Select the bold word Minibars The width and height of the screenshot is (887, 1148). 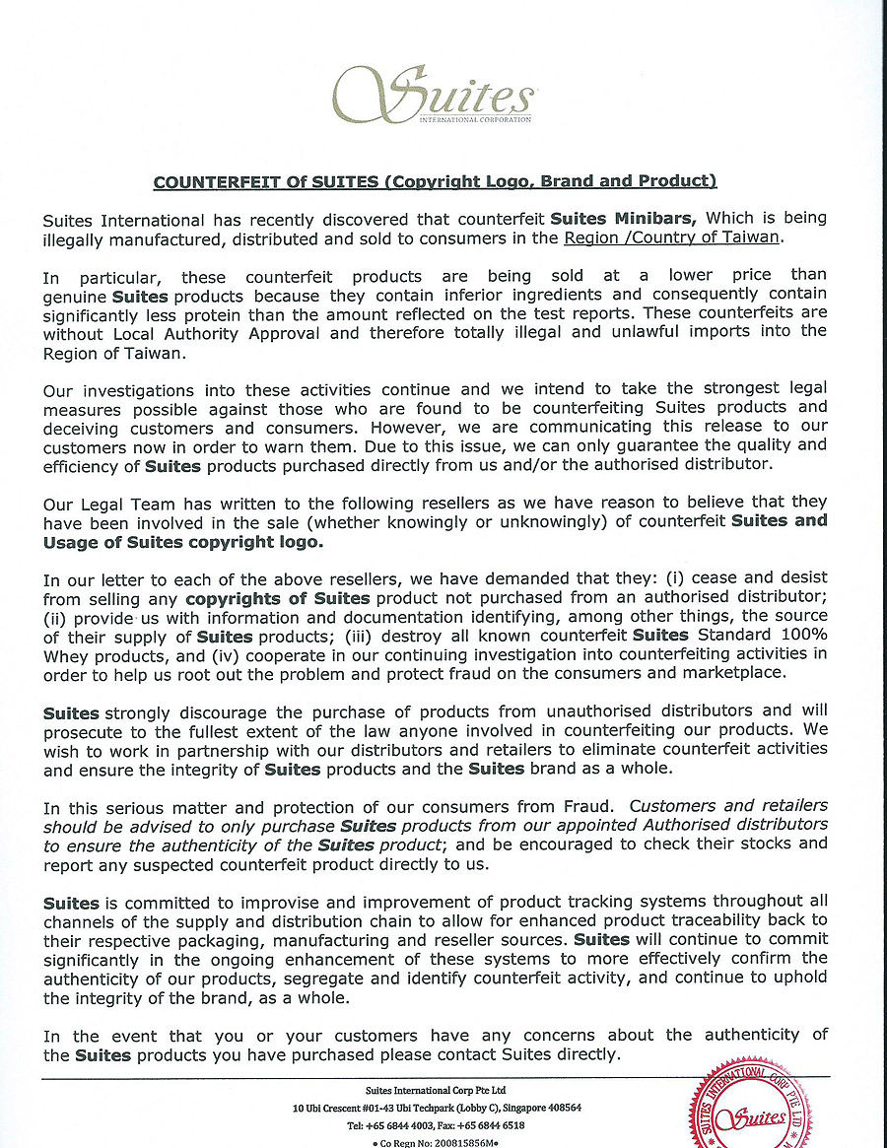[657, 218]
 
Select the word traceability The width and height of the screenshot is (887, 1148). [716, 919]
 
